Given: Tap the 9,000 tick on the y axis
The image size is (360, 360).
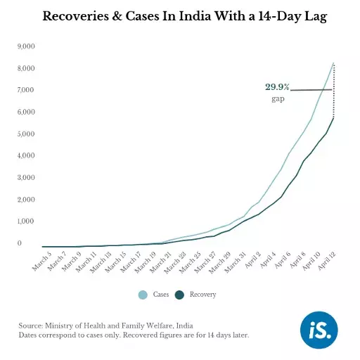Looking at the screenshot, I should point(25,46).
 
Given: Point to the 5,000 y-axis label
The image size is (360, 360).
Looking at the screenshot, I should point(25,134).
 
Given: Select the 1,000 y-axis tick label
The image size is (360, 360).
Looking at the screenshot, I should point(25,221).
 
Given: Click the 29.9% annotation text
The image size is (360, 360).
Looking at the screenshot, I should point(277,87).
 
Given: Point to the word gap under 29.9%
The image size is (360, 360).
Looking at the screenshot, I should point(278,99).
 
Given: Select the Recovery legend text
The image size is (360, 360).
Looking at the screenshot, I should point(202,295).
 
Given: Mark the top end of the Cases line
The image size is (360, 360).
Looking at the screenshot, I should point(333,63).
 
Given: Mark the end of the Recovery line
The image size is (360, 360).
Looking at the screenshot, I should point(333,117).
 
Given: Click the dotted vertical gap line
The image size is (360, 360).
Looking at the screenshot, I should point(333,91).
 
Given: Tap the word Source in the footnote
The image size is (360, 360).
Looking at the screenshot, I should point(31,326).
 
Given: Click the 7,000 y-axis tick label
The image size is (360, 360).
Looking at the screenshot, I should point(25,90).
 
